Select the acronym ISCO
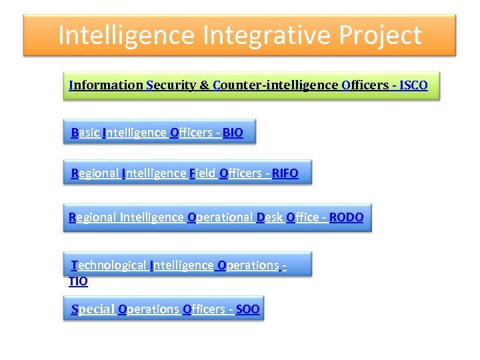[413, 85]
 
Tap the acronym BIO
[233, 133]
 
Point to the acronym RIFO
[285, 174]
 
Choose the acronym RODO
[347, 217]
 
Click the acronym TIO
[78, 281]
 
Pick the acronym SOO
[248, 309]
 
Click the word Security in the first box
[171, 85]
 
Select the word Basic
[85, 133]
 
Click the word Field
[203, 174]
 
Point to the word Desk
[270, 217]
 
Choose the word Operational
[220, 217]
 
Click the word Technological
[109, 265]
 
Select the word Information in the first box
[106, 85]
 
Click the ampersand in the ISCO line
[205, 85]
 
